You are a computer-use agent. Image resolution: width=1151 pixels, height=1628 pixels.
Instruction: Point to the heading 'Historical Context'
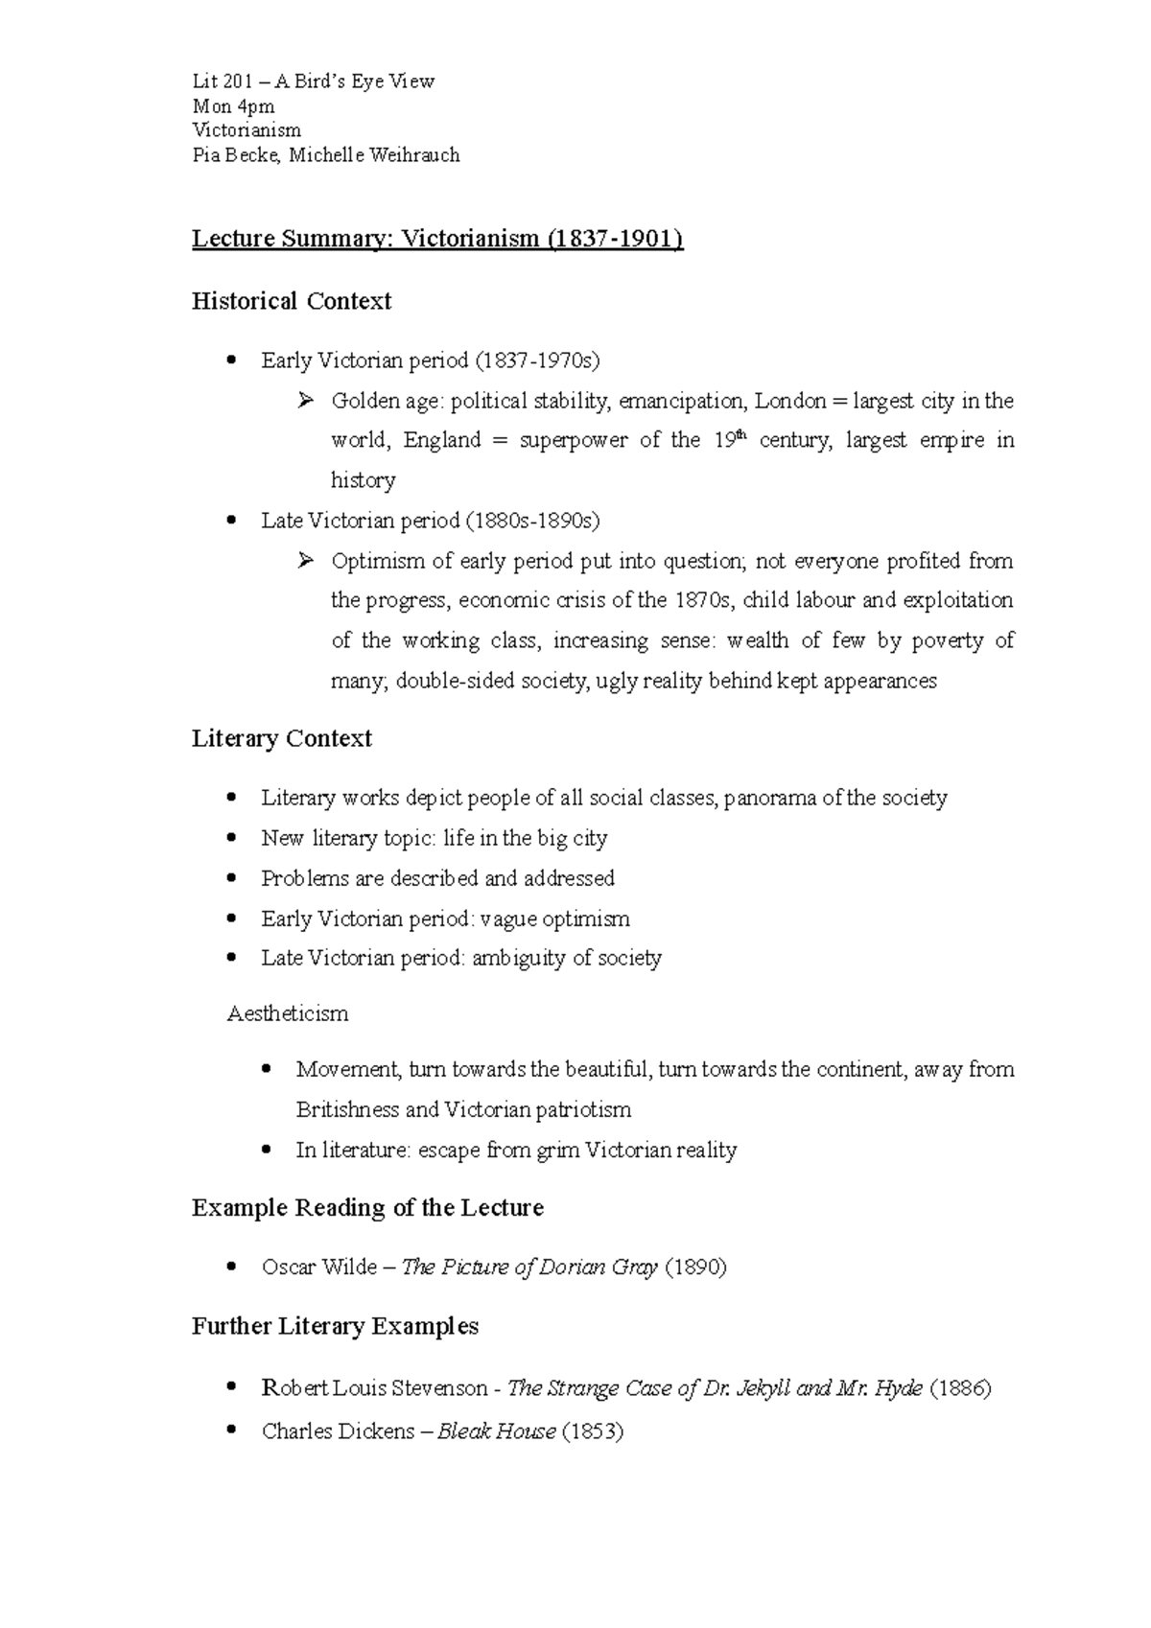pyautogui.click(x=292, y=301)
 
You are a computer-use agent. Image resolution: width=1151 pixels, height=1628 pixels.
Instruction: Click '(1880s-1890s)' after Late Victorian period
pyautogui.click(x=532, y=521)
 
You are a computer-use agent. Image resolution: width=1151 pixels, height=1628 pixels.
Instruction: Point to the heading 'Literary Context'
pyautogui.click(x=282, y=738)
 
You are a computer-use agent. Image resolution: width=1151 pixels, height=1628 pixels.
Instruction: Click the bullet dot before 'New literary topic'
pyautogui.click(x=230, y=838)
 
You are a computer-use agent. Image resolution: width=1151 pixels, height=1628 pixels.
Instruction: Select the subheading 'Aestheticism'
pyautogui.click(x=288, y=1014)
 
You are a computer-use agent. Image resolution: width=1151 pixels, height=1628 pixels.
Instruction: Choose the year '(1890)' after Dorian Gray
pyautogui.click(x=694, y=1268)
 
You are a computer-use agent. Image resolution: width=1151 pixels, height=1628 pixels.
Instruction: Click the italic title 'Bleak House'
pyautogui.click(x=496, y=1432)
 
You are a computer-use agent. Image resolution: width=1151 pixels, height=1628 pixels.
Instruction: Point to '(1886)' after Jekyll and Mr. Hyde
pyautogui.click(x=960, y=1388)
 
